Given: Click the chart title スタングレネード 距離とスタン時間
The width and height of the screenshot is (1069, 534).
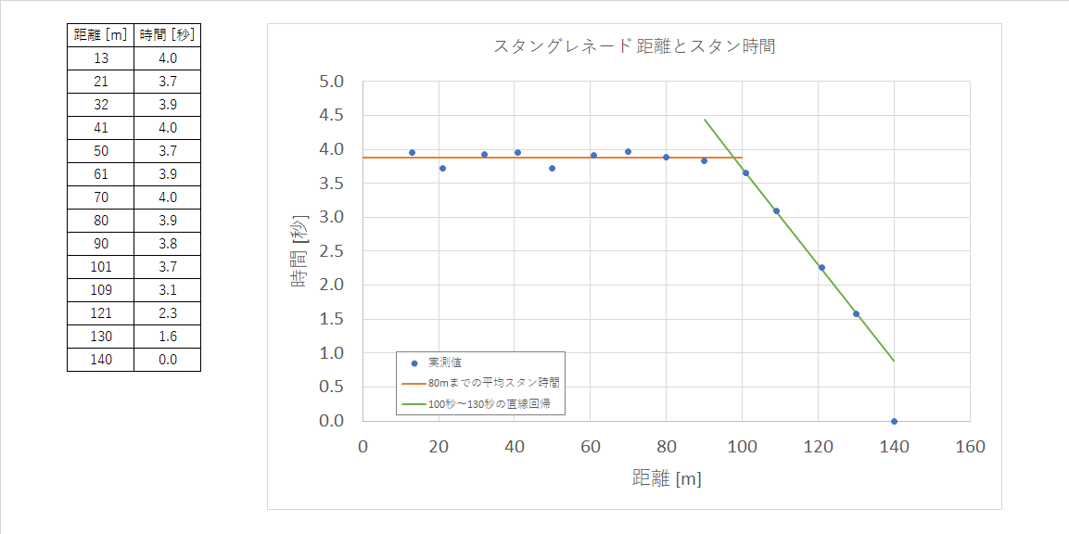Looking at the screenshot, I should (634, 46).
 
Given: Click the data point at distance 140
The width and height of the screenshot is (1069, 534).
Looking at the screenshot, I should (894, 421).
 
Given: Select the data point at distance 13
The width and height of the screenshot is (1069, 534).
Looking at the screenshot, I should (412, 152).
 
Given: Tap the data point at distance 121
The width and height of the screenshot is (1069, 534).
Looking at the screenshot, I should (821, 267).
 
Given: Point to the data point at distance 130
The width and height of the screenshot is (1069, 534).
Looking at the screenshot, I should (856, 313).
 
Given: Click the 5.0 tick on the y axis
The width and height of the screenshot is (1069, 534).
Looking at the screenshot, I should (332, 82).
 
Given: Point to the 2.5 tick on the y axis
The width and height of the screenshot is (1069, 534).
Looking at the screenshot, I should (332, 251).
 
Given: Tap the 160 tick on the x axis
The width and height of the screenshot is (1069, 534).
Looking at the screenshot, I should (970, 447).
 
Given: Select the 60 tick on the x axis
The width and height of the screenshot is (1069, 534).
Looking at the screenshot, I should (590, 447).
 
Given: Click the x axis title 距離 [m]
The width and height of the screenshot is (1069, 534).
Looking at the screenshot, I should (667, 478).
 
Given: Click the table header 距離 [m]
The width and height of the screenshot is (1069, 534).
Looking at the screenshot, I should (101, 35).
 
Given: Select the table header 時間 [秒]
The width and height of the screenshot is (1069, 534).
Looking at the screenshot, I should (167, 35).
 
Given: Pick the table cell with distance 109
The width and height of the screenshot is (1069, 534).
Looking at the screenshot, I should (101, 290).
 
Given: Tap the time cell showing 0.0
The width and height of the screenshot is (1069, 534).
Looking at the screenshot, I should (167, 360).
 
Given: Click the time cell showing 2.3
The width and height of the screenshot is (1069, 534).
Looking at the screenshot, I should (167, 313).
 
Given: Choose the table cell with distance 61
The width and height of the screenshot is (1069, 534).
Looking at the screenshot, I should (101, 174).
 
